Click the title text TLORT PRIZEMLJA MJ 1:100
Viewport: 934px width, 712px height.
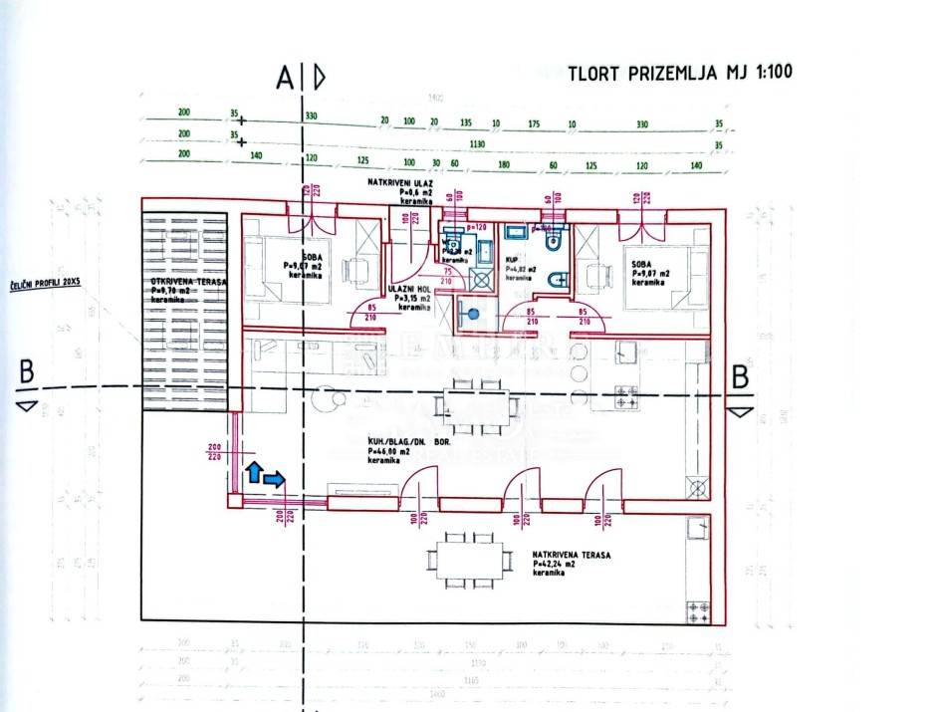pos(680,73)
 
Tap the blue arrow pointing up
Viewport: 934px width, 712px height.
pos(253,472)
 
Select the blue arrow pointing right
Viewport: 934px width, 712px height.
pos(275,480)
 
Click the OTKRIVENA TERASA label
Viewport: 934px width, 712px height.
pos(188,283)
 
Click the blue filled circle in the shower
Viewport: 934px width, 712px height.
pos(474,314)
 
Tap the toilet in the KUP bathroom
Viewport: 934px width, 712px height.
pos(558,242)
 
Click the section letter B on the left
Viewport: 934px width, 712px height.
pos(27,375)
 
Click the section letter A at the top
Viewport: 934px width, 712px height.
pos(286,76)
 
